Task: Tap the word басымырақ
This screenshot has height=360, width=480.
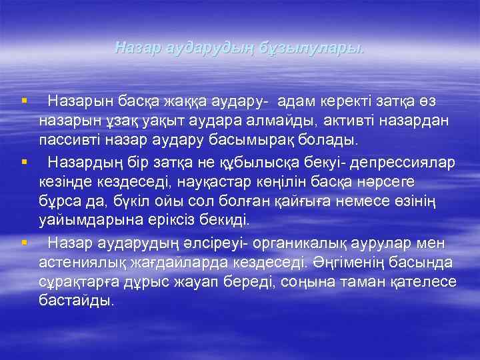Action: coord(271,141)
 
